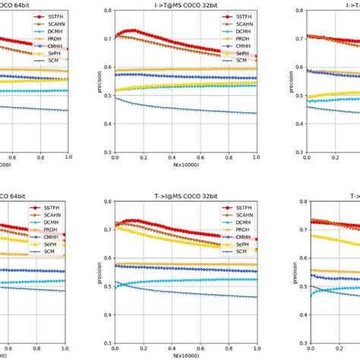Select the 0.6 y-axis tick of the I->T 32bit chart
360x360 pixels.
106,68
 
